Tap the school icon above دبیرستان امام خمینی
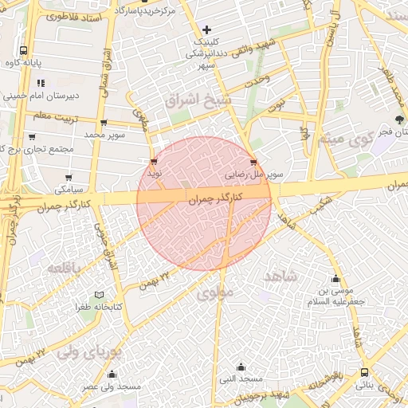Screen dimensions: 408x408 coord(40,82)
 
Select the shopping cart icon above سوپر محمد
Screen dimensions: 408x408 coord(104,123)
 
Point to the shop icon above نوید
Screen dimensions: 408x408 coord(153,160)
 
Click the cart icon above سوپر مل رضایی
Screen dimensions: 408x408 coord(253,159)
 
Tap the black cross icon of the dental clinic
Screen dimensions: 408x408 coord(206,29)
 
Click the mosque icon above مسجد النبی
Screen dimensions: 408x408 coord(241,367)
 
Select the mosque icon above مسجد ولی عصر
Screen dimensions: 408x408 coord(111,375)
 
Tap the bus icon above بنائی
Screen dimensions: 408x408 coord(364,372)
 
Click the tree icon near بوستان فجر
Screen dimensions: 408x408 coord(399,120)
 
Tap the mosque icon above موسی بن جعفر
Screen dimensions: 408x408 coord(335,279)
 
